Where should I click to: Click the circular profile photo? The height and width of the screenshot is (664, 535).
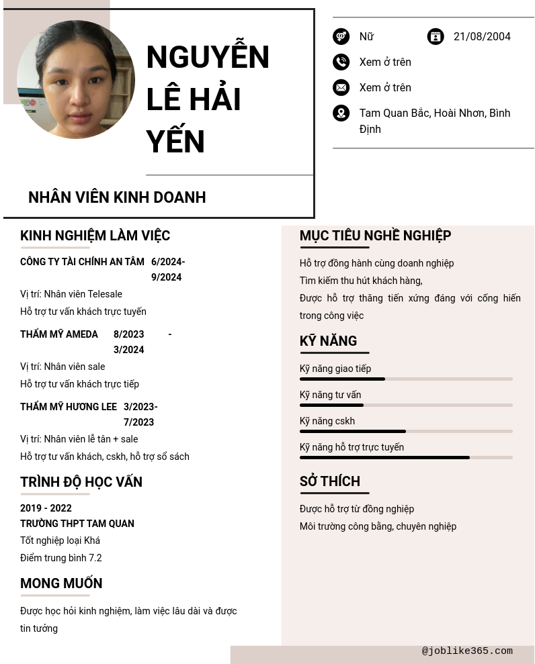pyautogui.click(x=76, y=79)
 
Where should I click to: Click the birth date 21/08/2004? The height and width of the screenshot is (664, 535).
pyautogui.click(x=482, y=37)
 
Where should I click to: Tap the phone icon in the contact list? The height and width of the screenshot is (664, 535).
pyautogui.click(x=341, y=62)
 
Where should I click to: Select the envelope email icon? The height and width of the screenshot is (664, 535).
pyautogui.click(x=341, y=88)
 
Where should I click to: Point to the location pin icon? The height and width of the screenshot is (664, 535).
pyautogui.click(x=341, y=113)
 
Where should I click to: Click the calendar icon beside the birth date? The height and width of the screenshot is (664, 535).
pyautogui.click(x=436, y=37)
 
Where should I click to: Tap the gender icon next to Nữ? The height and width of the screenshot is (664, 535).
pyautogui.click(x=341, y=37)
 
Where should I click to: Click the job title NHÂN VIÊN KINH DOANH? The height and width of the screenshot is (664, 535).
pyautogui.click(x=117, y=197)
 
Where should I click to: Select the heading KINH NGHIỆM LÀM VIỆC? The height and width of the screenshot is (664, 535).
pyautogui.click(x=95, y=236)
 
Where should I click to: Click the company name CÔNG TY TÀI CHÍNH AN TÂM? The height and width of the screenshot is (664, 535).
pyautogui.click(x=82, y=262)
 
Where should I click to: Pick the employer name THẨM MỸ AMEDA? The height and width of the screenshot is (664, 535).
pyautogui.click(x=59, y=334)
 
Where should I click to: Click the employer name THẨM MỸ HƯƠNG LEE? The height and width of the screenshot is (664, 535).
pyautogui.click(x=69, y=407)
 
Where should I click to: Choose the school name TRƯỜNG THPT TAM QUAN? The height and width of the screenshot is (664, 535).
pyautogui.click(x=77, y=524)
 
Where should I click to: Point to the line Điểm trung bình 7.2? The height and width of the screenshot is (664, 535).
pyautogui.click(x=61, y=558)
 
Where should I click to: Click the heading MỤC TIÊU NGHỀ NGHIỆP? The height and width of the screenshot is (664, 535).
pyautogui.click(x=375, y=236)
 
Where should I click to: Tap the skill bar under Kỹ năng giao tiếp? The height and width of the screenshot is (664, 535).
pyautogui.click(x=406, y=379)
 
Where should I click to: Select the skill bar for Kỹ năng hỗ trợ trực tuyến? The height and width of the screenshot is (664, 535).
pyautogui.click(x=406, y=458)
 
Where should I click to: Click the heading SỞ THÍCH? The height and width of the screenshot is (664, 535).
pyautogui.click(x=330, y=481)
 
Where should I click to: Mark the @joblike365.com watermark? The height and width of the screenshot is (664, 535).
pyautogui.click(x=467, y=651)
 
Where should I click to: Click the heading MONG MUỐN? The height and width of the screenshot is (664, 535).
pyautogui.click(x=61, y=583)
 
